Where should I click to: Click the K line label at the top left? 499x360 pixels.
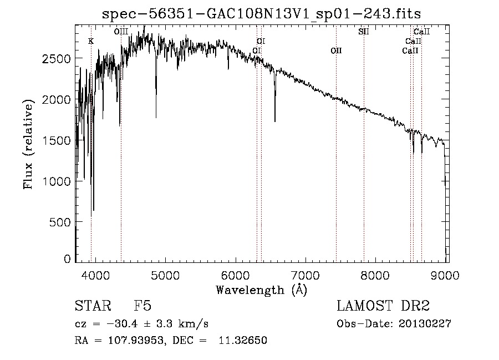tap(91, 41)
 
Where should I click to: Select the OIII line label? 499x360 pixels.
tap(121, 32)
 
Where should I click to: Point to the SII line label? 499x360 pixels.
tap(364, 32)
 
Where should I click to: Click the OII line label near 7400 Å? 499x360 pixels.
tap(336, 50)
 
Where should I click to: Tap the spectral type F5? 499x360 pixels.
tap(142, 307)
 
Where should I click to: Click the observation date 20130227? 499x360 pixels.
tap(425, 324)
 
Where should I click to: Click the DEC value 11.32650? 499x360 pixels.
tap(246, 340)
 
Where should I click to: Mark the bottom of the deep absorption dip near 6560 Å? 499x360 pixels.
tap(275, 121)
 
